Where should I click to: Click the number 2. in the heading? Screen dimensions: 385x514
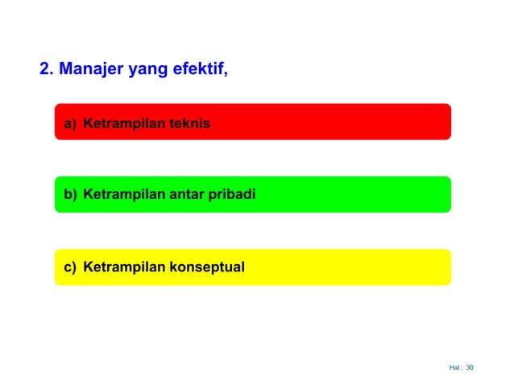tap(47, 69)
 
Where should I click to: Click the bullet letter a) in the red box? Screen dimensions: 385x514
tap(70, 124)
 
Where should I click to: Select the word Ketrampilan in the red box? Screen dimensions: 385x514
tap(122, 124)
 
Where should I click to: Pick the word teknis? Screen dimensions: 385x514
tap(187, 124)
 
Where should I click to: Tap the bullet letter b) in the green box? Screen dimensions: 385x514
tap(70, 194)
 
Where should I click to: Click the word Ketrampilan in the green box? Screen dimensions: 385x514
tap(122, 194)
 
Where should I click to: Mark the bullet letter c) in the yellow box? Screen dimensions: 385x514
tap(70, 267)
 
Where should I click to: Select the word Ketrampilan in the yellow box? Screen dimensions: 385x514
tap(122, 267)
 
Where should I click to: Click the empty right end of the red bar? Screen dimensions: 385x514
tap(419, 122)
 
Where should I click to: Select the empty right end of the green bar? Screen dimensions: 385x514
tap(419, 194)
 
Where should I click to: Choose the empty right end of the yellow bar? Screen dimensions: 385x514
tap(419, 267)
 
